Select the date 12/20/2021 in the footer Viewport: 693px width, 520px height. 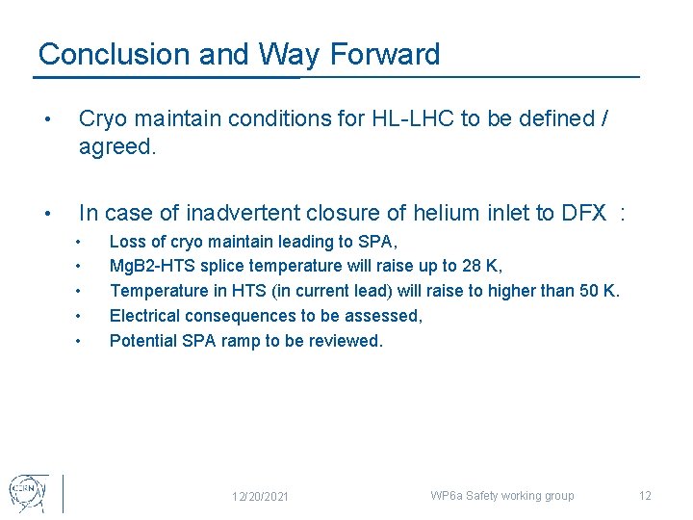[x=261, y=496]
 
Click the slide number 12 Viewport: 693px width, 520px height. [x=645, y=496]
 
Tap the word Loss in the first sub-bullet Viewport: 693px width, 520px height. [x=126, y=241]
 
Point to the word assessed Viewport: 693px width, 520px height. [x=387, y=316]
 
